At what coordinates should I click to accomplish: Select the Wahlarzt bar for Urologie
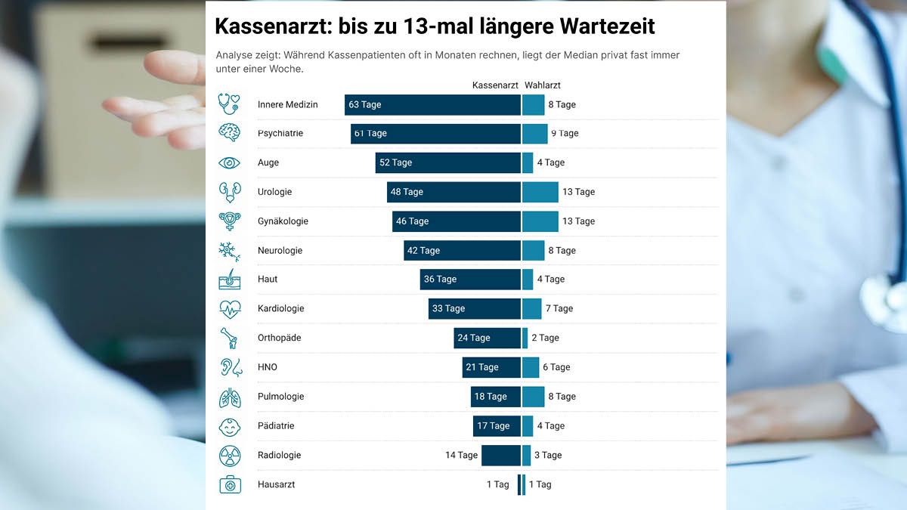540,192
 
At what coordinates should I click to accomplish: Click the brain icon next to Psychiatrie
229,133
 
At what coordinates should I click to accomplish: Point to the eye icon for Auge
229,162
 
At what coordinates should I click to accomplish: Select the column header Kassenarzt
495,85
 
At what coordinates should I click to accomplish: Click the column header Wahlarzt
543,85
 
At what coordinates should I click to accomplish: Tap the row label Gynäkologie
283,221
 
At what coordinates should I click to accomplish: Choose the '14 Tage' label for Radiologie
461,456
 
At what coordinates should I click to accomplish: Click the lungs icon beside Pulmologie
229,397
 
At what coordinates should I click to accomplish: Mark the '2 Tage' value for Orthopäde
545,338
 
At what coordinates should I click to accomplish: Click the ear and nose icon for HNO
231,368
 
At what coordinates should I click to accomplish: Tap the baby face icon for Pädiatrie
229,427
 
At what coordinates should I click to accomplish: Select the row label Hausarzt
276,485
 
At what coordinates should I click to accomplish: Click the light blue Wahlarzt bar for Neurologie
533,251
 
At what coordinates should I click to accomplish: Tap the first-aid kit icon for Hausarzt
230,485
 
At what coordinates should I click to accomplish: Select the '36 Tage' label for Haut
440,280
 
